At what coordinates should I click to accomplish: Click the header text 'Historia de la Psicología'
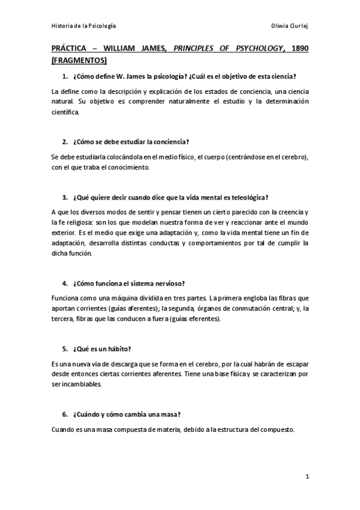pyautogui.click(x=84, y=26)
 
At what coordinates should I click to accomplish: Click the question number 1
pyautogui.click(x=64, y=77)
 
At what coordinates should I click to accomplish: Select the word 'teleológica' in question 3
pyautogui.click(x=248, y=197)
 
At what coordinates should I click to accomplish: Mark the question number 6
pyautogui.click(x=64, y=415)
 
